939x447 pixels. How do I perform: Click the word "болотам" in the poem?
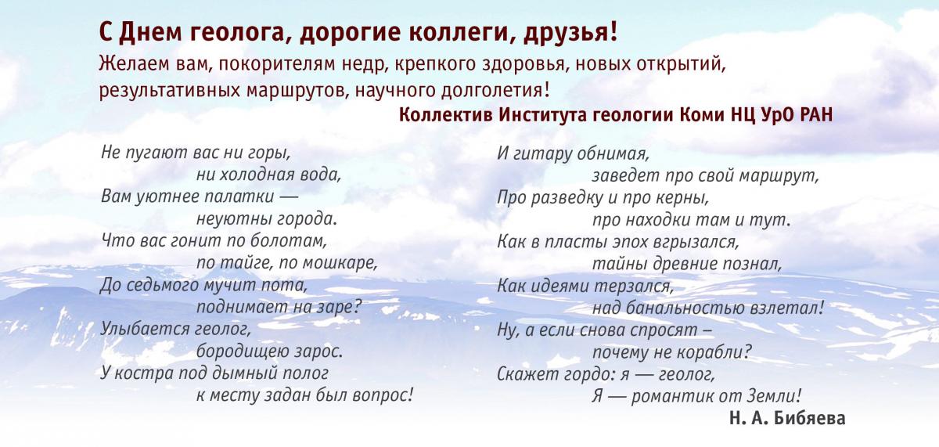click(x=288, y=241)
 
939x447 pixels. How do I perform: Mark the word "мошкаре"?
click(x=340, y=263)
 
